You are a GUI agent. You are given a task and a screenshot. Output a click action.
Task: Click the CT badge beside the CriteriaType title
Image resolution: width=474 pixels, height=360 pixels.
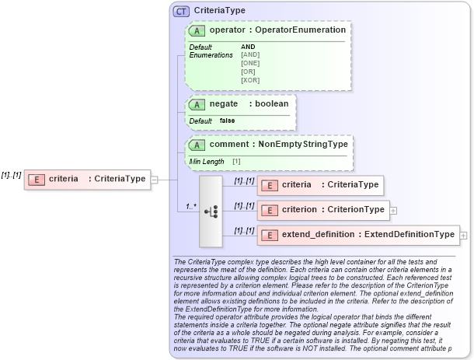[182, 11]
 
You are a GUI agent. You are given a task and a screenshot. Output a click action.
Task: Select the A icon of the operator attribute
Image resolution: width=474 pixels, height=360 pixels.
[197, 30]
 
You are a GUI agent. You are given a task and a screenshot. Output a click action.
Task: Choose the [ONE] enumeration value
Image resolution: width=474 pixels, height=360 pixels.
[250, 63]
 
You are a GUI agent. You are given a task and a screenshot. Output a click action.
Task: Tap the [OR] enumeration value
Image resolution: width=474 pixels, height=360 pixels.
[248, 72]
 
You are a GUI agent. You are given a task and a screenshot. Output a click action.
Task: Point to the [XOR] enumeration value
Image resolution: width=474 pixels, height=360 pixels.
[250, 80]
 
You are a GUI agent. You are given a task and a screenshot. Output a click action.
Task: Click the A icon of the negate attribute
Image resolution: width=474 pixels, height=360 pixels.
[197, 104]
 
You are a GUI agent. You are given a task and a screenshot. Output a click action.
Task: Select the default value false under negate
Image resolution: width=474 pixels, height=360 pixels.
[227, 121]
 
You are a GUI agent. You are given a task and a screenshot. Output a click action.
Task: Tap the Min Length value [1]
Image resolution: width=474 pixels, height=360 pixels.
[236, 161]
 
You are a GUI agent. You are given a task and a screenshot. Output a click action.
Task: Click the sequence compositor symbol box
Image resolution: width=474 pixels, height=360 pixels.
[211, 211]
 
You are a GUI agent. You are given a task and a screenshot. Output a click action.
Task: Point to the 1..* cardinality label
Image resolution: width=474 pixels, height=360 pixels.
[191, 207]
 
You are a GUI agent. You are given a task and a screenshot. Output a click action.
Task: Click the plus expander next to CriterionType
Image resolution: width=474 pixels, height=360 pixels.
[393, 210]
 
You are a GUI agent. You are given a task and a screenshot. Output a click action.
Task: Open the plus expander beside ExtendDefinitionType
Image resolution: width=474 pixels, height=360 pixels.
[464, 235]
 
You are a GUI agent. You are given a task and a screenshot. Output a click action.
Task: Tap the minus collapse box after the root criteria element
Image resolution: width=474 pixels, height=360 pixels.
[154, 179]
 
